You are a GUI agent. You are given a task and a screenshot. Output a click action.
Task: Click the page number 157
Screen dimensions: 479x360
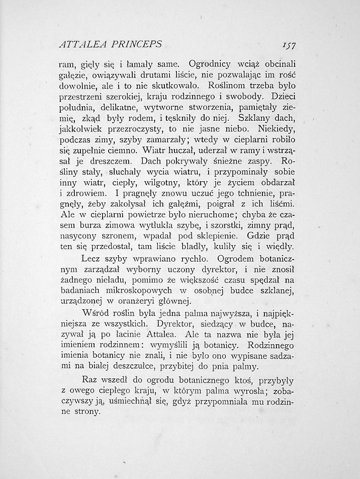pyautogui.click(x=288, y=45)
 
